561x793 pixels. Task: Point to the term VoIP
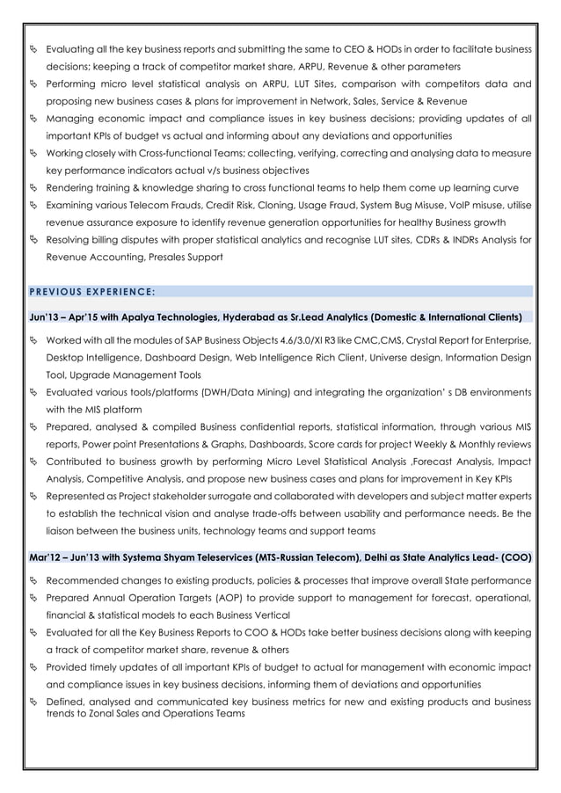[x=457, y=205]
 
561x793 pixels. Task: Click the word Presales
[x=167, y=257]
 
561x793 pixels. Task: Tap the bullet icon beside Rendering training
[x=34, y=188]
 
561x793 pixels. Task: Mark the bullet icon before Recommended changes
[x=34, y=581]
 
